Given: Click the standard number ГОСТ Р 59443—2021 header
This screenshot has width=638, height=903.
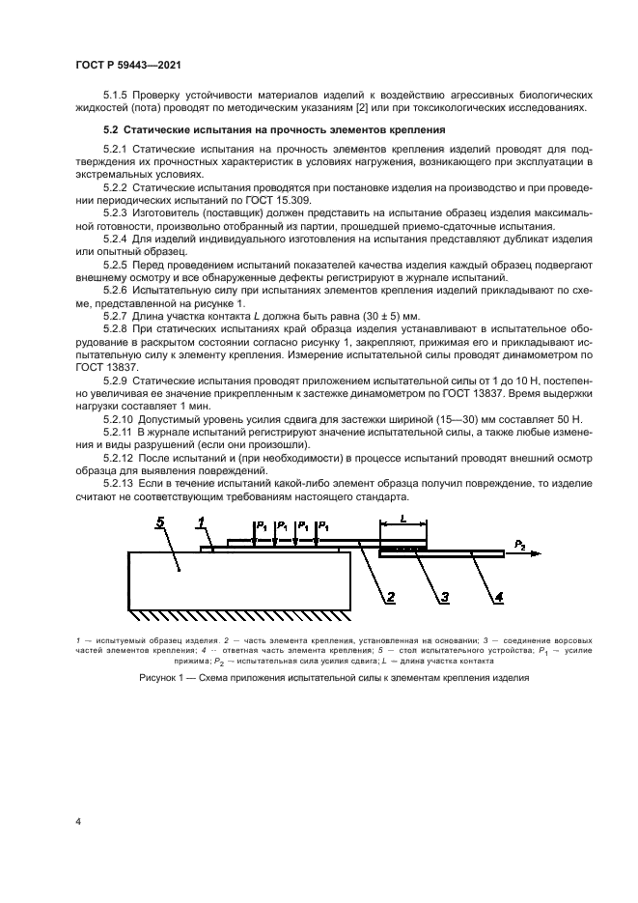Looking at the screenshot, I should pyautogui.click(x=128, y=64).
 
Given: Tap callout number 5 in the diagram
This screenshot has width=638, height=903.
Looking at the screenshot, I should pyautogui.click(x=161, y=523).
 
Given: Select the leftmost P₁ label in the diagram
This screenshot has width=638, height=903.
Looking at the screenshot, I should pyautogui.click(x=260, y=525).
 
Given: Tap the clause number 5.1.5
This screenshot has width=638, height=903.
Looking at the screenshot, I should pyautogui.click(x=118, y=95).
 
